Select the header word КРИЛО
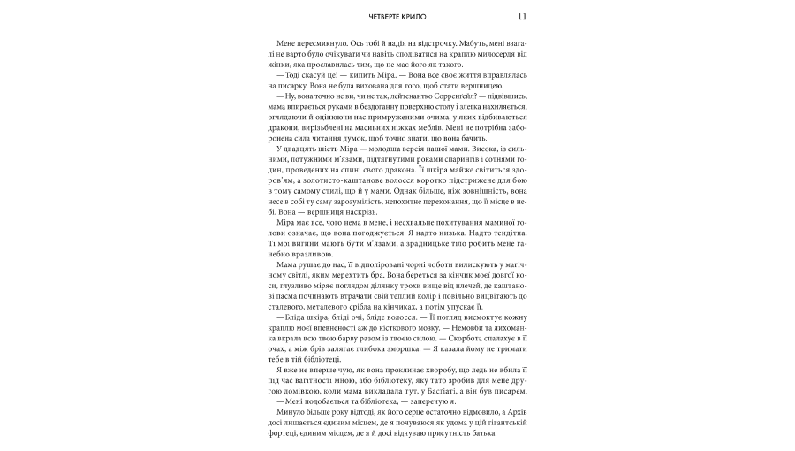(x=417, y=19)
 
